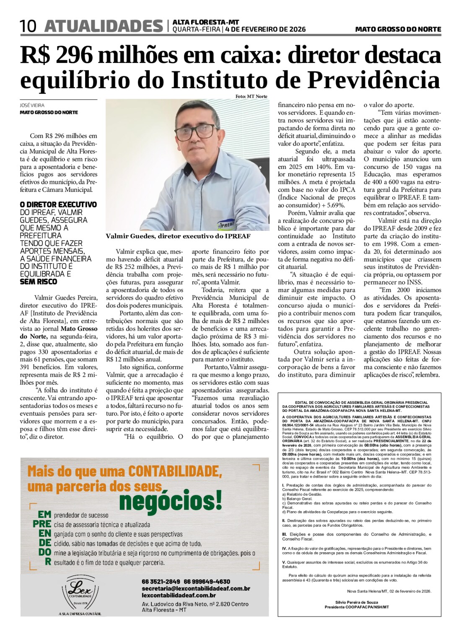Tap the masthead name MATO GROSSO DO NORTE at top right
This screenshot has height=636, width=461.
point(398,29)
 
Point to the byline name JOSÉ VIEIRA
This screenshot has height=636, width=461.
point(32,106)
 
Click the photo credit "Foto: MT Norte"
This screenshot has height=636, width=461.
point(251,97)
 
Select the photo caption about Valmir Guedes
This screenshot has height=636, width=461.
point(178,236)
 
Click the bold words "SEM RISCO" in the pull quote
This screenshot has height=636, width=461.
point(39,282)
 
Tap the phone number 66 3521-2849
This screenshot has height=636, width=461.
point(161,582)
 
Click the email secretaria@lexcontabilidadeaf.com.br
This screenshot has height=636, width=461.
point(196,588)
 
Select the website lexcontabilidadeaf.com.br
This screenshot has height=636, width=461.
point(179,595)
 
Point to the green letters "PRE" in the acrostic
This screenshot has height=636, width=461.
point(42,524)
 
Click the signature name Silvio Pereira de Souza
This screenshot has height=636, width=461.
point(356,602)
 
